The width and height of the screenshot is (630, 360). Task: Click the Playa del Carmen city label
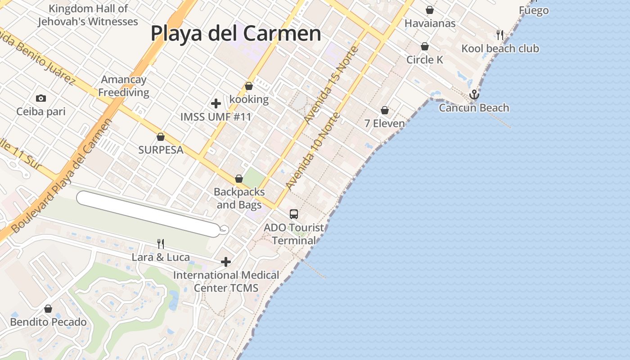pyautogui.click(x=236, y=33)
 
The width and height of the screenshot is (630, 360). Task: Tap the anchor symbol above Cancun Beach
pyautogui.click(x=474, y=94)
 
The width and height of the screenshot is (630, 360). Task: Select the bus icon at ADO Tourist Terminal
pyautogui.click(x=294, y=214)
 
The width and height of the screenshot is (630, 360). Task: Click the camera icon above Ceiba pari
pyautogui.click(x=41, y=98)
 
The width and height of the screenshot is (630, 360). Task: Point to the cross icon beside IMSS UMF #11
pyautogui.click(x=216, y=103)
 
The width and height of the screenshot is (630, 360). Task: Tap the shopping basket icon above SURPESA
pyautogui.click(x=161, y=137)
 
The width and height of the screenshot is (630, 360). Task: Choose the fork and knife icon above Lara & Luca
pyautogui.click(x=161, y=244)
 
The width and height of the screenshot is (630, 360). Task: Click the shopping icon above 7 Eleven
pyautogui.click(x=385, y=110)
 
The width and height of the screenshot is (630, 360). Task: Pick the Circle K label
pyautogui.click(x=425, y=60)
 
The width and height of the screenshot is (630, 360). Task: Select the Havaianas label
pyautogui.click(x=430, y=23)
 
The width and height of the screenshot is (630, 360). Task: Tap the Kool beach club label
pyautogui.click(x=500, y=49)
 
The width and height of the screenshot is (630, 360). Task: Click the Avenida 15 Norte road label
pyautogui.click(x=331, y=85)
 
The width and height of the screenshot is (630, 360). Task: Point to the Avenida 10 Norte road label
pyautogui.click(x=313, y=151)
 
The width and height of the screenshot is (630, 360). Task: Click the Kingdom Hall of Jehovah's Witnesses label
pyautogui.click(x=88, y=15)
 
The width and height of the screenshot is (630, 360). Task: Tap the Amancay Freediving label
pyautogui.click(x=124, y=86)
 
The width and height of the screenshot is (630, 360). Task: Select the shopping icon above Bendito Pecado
pyautogui.click(x=48, y=309)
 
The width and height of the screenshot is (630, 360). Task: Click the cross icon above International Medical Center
pyautogui.click(x=226, y=262)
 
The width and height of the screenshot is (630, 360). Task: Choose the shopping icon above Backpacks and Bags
pyautogui.click(x=239, y=179)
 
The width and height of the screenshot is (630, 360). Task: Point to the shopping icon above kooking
pyautogui.click(x=249, y=86)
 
